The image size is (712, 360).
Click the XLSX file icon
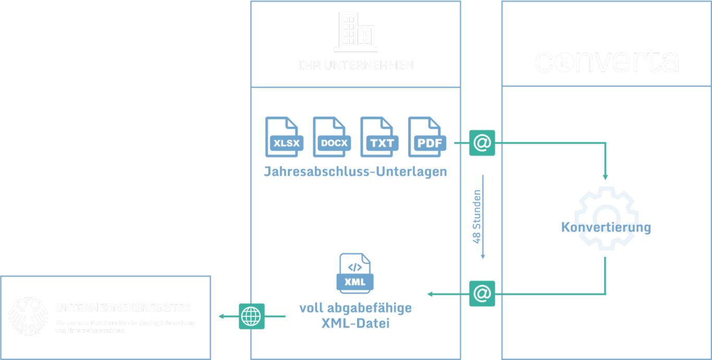pos(284,137)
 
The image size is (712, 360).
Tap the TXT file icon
pos(379,137)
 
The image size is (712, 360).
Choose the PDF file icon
pos(427,137)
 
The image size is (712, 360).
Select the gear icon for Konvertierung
pos(606,216)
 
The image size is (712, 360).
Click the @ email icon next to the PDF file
pos(482,142)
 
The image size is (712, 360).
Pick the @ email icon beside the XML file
pos(482,294)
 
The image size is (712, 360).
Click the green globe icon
pos(252,316)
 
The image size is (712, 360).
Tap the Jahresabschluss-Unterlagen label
pos(355,171)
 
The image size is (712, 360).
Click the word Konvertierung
pos(606,228)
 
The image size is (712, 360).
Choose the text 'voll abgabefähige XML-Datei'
pos(355,316)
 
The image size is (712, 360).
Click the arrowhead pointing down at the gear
pos(605,177)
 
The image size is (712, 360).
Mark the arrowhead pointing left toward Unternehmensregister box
pos(221,316)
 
